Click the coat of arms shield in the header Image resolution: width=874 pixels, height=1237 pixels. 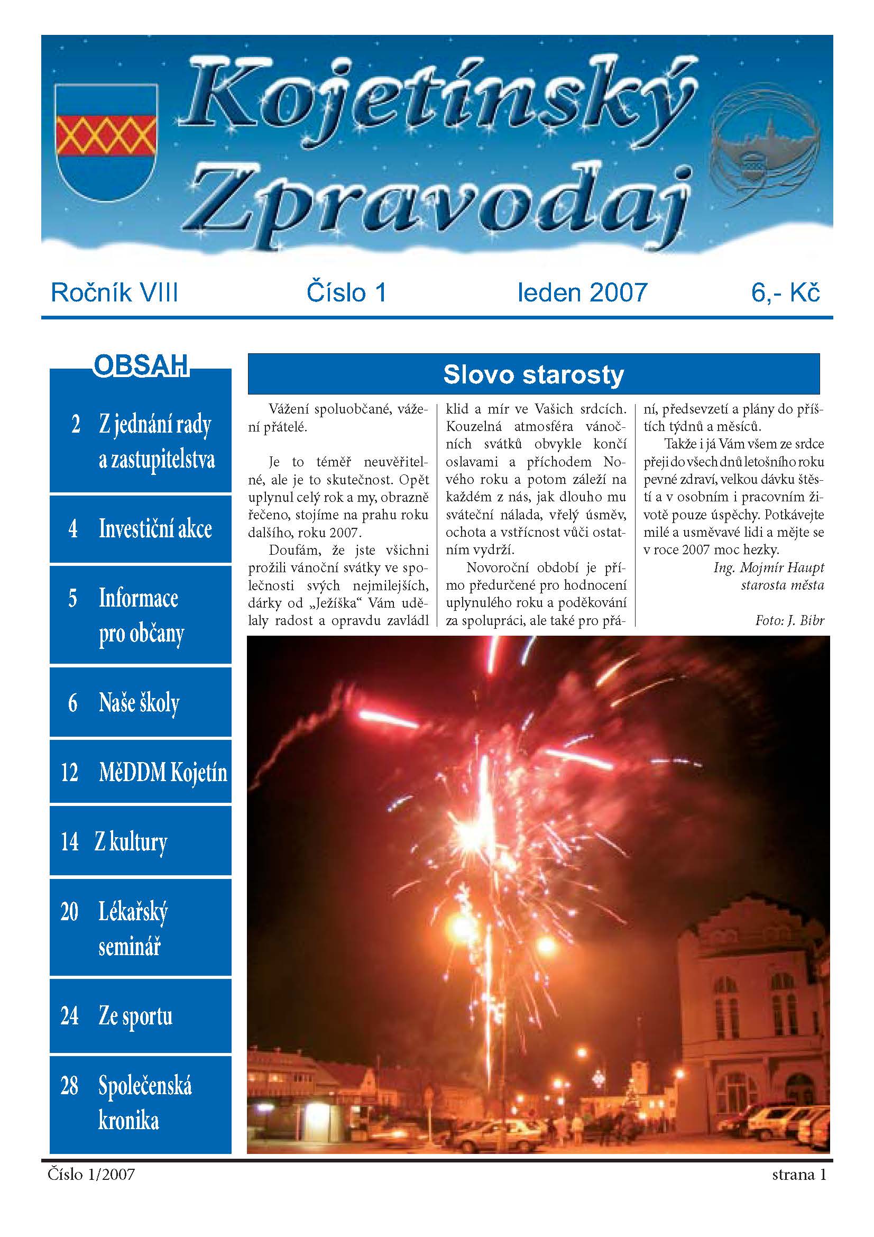(106, 141)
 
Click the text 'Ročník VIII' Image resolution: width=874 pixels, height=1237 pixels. (114, 292)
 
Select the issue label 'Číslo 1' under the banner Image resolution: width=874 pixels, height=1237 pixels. (346, 292)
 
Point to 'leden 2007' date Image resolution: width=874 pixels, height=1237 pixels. (582, 292)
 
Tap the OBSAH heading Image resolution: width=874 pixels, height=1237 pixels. (141, 366)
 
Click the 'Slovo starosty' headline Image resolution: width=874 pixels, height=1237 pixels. (533, 374)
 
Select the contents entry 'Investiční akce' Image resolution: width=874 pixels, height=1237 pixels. (155, 528)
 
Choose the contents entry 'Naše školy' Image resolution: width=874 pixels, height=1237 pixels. (139, 702)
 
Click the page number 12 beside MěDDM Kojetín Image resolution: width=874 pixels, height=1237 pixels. (69, 772)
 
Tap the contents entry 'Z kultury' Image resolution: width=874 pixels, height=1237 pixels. (131, 841)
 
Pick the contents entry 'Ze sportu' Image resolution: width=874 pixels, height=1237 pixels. (135, 1015)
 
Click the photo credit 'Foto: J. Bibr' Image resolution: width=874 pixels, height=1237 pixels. (789, 620)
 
